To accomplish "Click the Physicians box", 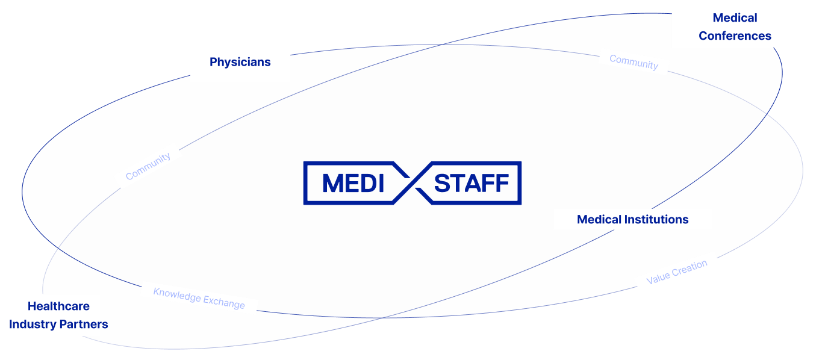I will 240,62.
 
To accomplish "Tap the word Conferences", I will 735,36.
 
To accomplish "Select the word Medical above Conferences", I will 735,18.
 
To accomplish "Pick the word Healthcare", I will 58,306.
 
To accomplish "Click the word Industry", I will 31,324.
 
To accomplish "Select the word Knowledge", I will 176,295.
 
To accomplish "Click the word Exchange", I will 224,303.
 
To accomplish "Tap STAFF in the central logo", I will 472,183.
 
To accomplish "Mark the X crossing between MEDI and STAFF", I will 412,183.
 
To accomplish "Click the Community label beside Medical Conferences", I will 634,62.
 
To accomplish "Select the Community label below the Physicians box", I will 148,166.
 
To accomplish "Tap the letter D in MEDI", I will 366,183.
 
